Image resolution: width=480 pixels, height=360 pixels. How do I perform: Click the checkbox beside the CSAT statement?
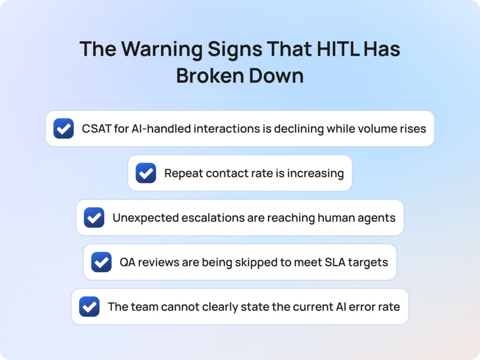pyautogui.click(x=63, y=128)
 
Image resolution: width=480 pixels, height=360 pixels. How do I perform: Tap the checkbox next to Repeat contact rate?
pyautogui.click(x=146, y=173)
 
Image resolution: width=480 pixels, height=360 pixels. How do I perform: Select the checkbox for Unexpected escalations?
pyautogui.click(x=94, y=217)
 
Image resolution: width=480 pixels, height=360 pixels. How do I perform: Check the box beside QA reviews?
pyautogui.click(x=101, y=262)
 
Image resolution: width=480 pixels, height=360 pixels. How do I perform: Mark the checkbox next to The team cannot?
pyautogui.click(x=89, y=307)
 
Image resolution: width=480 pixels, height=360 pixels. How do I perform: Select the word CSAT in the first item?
pyautogui.click(x=96, y=128)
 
